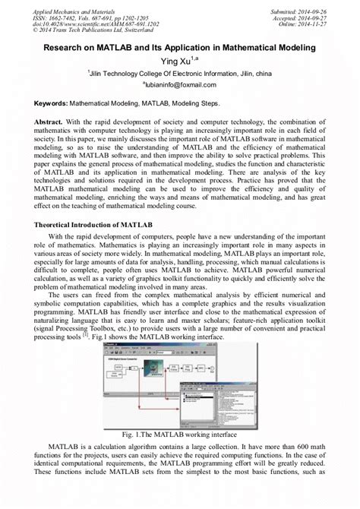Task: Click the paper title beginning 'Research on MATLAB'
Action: click(179, 46)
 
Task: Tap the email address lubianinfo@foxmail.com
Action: click(179, 85)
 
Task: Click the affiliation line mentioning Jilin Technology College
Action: click(179, 73)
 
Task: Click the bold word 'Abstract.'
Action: click(52, 122)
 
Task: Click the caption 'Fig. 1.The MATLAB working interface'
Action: click(179, 455)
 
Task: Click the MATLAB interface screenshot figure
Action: click(179, 405)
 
